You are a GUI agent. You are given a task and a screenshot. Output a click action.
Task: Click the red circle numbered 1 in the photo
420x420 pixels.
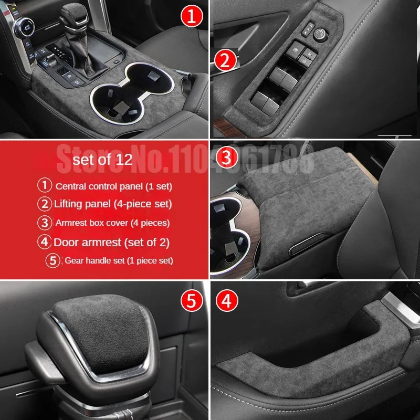coord(191,17)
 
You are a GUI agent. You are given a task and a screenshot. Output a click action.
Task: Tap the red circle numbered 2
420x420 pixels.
coord(225,61)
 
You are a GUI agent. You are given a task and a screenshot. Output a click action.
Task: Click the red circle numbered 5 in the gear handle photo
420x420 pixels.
coord(191,300)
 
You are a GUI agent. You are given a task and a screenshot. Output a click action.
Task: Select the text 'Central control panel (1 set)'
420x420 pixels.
coord(113,186)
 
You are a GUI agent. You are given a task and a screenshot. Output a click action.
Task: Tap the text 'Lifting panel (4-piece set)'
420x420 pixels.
coord(113,204)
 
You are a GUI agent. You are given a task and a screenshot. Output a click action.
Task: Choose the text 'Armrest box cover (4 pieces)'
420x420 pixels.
coord(112,223)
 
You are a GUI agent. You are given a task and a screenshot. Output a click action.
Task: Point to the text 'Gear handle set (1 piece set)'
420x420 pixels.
coord(119,260)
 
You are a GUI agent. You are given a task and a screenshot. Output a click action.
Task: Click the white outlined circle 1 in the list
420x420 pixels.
coord(45,185)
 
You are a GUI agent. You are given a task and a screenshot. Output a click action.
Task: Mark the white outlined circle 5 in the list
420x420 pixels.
coord(53,260)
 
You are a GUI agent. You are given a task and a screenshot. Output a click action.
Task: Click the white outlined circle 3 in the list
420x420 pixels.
coord(45,223)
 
